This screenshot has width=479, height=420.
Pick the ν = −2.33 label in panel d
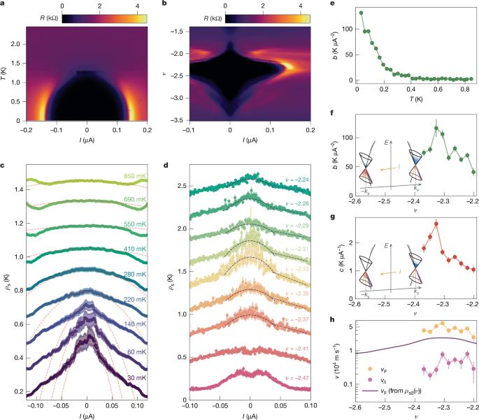[287, 269]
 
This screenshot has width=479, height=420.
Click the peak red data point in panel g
[436, 224]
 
